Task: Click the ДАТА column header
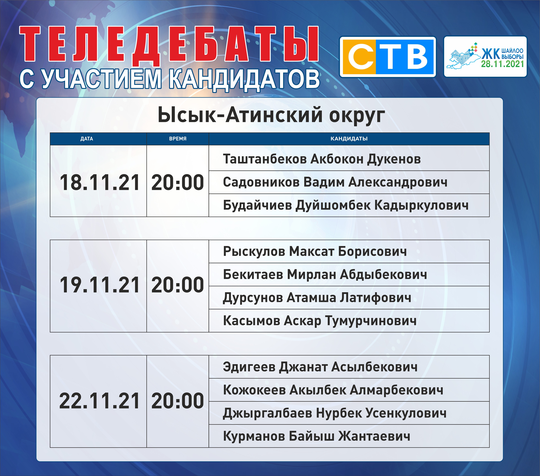tap(87, 139)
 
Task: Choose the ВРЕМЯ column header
tap(178, 139)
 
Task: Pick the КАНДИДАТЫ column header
tap(349, 139)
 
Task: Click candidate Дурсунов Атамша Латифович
tap(317, 298)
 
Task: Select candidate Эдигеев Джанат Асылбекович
tap(320, 367)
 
